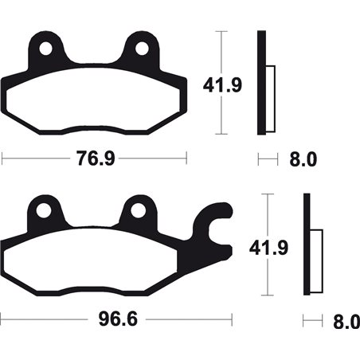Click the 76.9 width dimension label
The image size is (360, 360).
(x=94, y=158)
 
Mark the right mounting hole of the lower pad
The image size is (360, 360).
(x=139, y=211)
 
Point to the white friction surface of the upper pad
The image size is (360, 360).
(x=94, y=104)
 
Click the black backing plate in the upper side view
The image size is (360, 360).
(x=260, y=83)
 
